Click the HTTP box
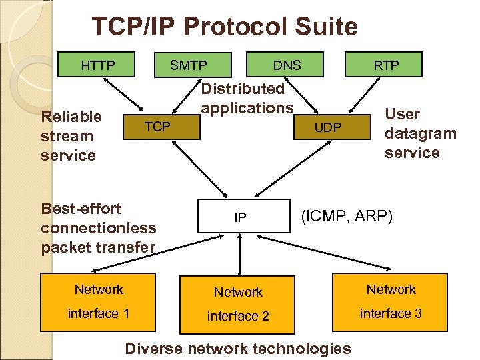97,65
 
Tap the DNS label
287,65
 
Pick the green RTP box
386,65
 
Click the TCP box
157,125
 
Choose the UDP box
327,127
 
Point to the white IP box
240,217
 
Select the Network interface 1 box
99,301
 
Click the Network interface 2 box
238,303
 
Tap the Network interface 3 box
391,301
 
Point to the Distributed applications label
247,98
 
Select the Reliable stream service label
71,136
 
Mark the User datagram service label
420,133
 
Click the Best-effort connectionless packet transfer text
98,228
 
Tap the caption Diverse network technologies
238,348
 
